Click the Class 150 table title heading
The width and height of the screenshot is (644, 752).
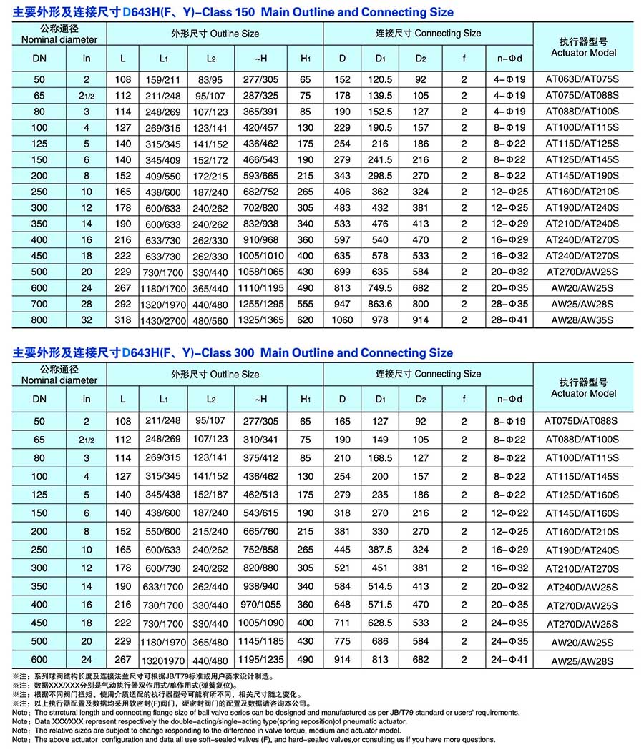(x=233, y=12)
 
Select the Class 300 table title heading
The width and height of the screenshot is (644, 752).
(x=233, y=353)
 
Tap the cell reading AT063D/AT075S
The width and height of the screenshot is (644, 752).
(x=582, y=80)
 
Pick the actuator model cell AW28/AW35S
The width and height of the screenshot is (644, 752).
(x=582, y=320)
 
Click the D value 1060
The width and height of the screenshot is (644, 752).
(x=343, y=320)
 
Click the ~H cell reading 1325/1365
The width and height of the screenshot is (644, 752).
(x=260, y=320)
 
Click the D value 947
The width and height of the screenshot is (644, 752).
(x=343, y=304)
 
